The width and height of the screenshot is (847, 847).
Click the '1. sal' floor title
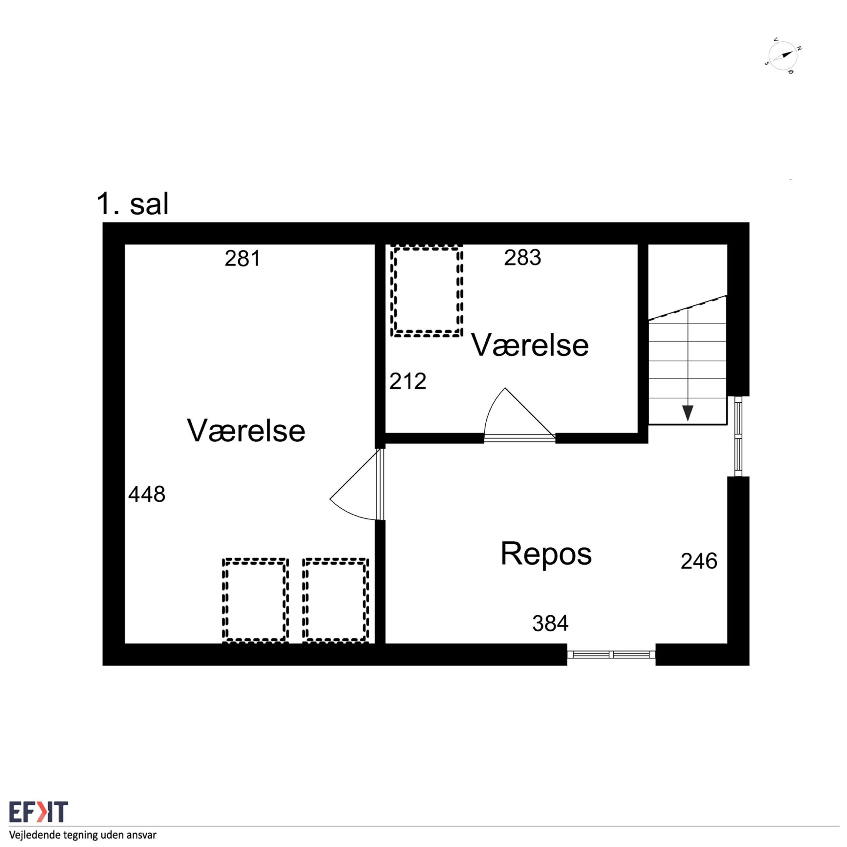point(132,204)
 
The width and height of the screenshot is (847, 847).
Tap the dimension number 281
point(243,258)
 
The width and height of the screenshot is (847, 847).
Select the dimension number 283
point(522,257)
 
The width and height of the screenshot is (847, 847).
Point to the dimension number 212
point(408,381)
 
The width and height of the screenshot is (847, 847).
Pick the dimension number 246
point(699,561)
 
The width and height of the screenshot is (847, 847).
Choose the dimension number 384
point(550,623)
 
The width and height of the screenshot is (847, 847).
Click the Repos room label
point(546,554)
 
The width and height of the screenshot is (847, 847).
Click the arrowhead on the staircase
point(688,413)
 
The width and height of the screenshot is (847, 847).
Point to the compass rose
point(782,56)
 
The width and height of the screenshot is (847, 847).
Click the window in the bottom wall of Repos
point(611,654)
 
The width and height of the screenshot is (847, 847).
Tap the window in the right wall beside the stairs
point(739,436)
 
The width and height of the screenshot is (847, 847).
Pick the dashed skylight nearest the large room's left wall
point(255,600)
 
